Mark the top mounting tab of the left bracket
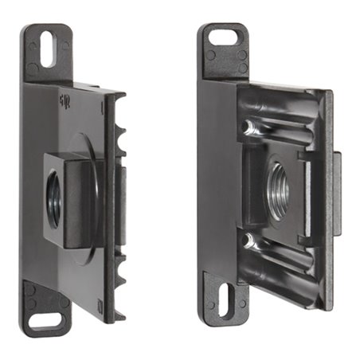coord(48,53)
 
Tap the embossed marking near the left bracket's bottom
coord(98,303)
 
